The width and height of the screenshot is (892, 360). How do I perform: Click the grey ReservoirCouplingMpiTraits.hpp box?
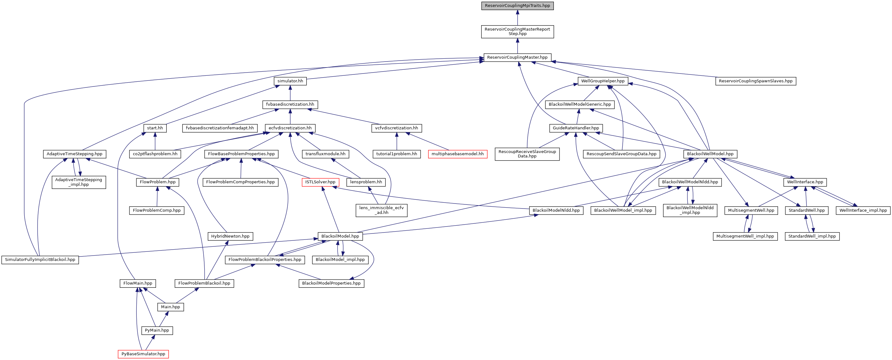pos(517,6)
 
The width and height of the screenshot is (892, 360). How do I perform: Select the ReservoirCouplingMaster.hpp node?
pos(517,57)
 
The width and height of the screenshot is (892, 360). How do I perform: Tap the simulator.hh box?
pos(290,81)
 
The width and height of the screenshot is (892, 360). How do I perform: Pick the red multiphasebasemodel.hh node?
pos(458,154)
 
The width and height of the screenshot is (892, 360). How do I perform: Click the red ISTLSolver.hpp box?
pos(320,182)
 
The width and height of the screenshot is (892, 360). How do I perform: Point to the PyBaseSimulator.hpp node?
pos(143,354)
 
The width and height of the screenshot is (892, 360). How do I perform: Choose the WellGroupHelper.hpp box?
pos(603,81)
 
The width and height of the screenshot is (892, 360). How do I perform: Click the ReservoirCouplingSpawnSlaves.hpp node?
pos(756,81)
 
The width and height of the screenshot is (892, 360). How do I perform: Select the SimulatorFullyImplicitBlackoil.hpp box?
pos(40,260)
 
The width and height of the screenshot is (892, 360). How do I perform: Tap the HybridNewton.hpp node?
pos(230,236)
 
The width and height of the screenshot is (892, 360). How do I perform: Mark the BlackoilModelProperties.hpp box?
pos(332,283)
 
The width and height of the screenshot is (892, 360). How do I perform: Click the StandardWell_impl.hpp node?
pos(812,236)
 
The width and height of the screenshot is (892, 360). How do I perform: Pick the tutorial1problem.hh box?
pos(397,154)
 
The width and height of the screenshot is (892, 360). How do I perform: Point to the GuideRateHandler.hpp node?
pos(576,128)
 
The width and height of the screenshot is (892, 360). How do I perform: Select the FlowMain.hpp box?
pos(138,283)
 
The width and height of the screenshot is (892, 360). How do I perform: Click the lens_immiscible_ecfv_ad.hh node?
pos(381,210)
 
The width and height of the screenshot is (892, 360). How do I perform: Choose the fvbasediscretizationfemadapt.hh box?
pos(220,128)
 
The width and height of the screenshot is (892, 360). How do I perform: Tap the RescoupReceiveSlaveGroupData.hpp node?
pos(527,154)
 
